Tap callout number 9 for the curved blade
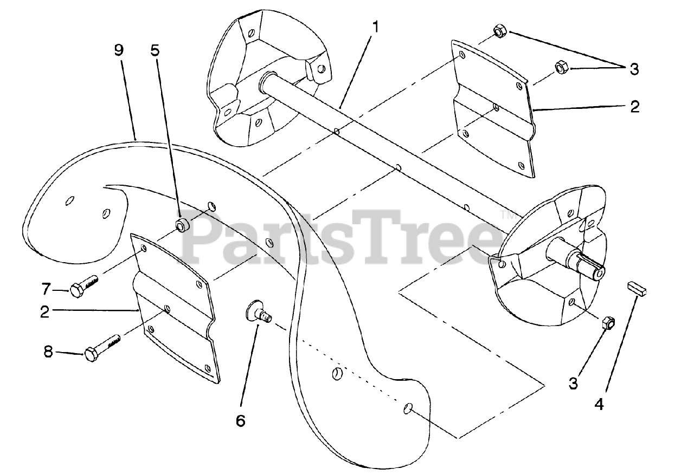(119, 50)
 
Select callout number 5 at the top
(155, 50)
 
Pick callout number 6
(240, 420)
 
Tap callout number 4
(599, 404)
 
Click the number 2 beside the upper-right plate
(634, 106)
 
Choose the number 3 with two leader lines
(634, 69)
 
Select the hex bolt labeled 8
(101, 348)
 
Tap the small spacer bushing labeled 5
(182, 224)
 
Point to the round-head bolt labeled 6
(258, 313)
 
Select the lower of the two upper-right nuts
(561, 68)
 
